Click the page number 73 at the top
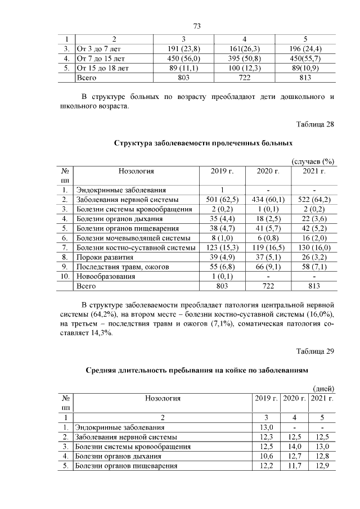[196, 26]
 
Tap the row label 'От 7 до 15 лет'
[101, 58]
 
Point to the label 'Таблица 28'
[315, 124]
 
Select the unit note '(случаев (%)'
[313, 161]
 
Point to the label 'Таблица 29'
[315, 352]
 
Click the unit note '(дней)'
[323, 389]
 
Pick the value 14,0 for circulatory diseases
[294, 447]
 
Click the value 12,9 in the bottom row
[322, 466]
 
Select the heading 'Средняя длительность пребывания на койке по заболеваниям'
[196, 371]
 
